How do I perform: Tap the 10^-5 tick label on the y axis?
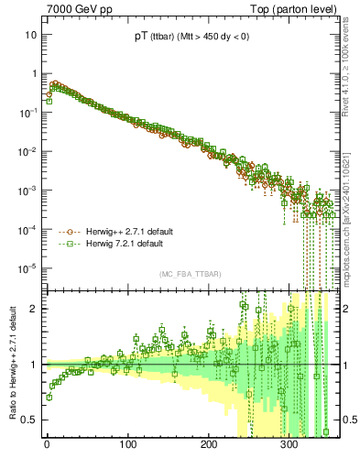pos(28,268)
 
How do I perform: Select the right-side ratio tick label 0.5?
pos(349,420)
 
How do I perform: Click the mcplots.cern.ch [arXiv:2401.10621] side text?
pos(349,215)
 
